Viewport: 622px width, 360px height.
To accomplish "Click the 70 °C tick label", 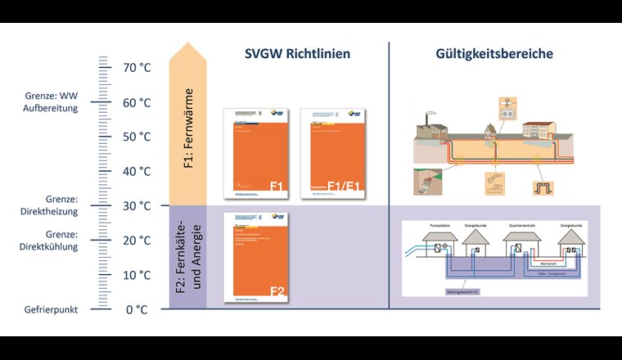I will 137,68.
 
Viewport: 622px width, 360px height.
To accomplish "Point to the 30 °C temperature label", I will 137,205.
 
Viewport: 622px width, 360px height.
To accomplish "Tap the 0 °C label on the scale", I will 137,309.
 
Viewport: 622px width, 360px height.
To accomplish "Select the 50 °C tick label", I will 137,137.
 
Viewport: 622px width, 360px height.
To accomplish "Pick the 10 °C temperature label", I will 137,275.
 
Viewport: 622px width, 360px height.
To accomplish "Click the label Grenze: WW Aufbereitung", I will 51,102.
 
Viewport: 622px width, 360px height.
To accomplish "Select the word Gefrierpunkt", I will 51,309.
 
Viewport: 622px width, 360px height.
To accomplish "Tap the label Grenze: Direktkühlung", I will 51,240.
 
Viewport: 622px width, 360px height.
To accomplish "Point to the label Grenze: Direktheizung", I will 51,205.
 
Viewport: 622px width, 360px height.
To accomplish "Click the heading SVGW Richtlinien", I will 298,54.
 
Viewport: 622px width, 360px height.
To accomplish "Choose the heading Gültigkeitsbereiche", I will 505,54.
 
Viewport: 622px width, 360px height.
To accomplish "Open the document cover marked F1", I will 255,154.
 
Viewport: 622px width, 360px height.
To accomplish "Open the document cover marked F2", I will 255,256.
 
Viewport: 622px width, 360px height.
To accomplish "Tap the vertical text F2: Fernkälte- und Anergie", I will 187,257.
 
